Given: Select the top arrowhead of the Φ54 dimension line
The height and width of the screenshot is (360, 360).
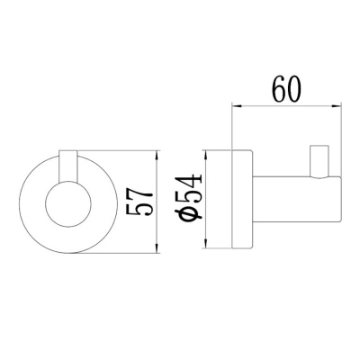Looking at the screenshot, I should (209, 151).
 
